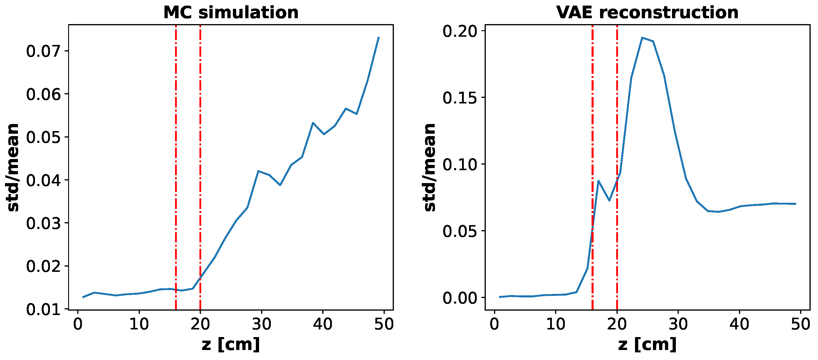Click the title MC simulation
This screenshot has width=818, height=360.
point(231,13)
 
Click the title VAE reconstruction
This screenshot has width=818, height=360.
point(647,13)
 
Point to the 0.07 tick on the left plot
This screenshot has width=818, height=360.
point(43,51)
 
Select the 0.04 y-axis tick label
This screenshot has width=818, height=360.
point(43,180)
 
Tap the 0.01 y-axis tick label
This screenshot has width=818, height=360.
point(43,309)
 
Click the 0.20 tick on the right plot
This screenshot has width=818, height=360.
point(460,31)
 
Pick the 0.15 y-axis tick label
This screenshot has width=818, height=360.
point(460,98)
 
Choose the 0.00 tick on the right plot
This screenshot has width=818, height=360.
point(460,298)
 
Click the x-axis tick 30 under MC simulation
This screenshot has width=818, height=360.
point(261,324)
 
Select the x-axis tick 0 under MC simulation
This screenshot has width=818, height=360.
point(78,324)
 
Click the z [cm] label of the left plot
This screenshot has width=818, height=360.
point(231,345)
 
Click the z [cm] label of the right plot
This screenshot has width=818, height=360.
point(647,345)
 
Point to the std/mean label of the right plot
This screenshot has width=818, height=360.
point(430,168)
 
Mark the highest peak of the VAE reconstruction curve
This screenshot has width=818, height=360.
point(642,38)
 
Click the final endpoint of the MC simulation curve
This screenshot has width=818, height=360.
point(379,37)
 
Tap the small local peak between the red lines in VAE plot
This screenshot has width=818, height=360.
point(599,181)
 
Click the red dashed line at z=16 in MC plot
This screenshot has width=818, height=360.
point(176,159)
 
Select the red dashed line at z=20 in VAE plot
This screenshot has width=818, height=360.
point(617,95)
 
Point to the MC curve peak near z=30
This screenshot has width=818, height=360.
point(258,171)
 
